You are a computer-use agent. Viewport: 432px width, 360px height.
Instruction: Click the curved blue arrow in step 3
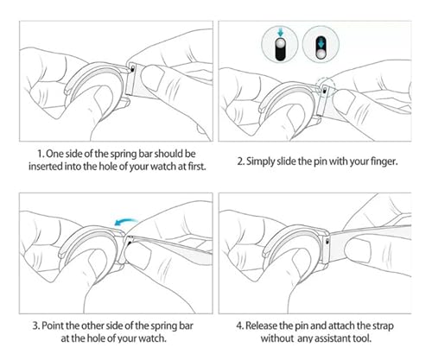pyautogui.click(x=125, y=221)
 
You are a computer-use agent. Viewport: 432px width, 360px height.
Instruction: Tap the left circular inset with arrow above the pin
pyautogui.click(x=280, y=44)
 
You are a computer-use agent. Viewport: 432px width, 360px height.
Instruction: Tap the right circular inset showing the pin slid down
pyautogui.click(x=321, y=44)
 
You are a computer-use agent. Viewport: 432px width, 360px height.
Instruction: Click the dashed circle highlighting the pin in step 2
pyautogui.click(x=325, y=86)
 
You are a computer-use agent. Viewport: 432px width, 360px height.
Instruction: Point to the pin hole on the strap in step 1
pyautogui.click(x=132, y=69)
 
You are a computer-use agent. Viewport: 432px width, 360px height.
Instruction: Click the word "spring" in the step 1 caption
pyautogui.click(x=124, y=154)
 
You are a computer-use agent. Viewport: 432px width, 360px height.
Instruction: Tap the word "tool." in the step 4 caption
pyautogui.click(x=363, y=338)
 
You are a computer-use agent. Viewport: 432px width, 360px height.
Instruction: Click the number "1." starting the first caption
pyautogui.click(x=41, y=154)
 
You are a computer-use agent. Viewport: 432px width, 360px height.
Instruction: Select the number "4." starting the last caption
pyautogui.click(x=240, y=325)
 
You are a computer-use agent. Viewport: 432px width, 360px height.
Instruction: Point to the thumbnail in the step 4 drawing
pyautogui.click(x=358, y=250)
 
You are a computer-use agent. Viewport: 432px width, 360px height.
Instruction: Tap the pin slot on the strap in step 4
pyautogui.click(x=327, y=241)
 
